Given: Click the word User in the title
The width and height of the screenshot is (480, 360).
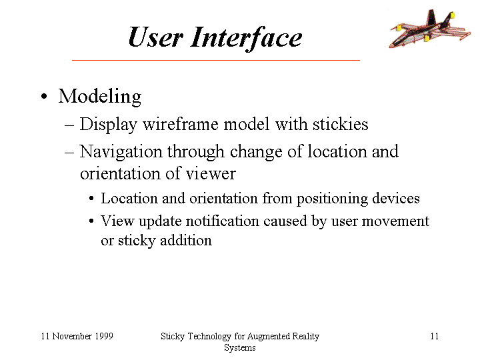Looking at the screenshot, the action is tap(155, 37).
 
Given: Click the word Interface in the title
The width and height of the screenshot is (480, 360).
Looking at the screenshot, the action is tap(246, 38).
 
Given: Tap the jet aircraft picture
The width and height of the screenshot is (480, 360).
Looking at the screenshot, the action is tap(429, 29).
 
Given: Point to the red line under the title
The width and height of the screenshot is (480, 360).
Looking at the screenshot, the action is tap(216, 60).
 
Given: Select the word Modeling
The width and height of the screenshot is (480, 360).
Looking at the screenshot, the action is tap(100, 97).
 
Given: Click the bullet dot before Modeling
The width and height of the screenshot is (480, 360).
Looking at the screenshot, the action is tap(44, 97).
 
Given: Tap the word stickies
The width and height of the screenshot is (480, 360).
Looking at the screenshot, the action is tap(340, 124).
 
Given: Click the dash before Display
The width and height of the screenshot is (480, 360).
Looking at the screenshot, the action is tap(69, 125).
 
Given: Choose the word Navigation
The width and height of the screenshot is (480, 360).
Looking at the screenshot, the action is tap(121, 152).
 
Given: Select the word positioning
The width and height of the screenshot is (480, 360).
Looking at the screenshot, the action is tap(332, 199).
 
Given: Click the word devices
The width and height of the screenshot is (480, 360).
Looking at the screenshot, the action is tap(396, 198).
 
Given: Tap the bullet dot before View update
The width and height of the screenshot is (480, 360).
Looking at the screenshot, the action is tap(91, 221).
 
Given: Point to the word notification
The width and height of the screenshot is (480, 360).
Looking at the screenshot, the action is tap(222, 221).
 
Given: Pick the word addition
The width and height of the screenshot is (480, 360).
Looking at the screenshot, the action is tap(186, 240).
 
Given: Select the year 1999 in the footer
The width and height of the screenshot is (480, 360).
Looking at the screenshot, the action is tap(104, 336).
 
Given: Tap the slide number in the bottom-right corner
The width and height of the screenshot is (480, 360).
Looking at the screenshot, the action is tap(435, 336).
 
